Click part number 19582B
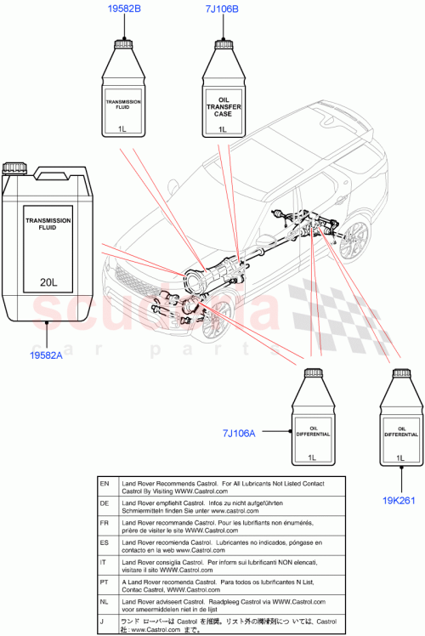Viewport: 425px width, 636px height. point(124,9)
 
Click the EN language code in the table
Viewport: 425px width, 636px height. point(105,483)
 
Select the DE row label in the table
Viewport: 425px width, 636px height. point(105,503)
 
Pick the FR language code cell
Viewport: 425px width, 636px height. point(105,522)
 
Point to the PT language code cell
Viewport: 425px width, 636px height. point(105,580)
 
